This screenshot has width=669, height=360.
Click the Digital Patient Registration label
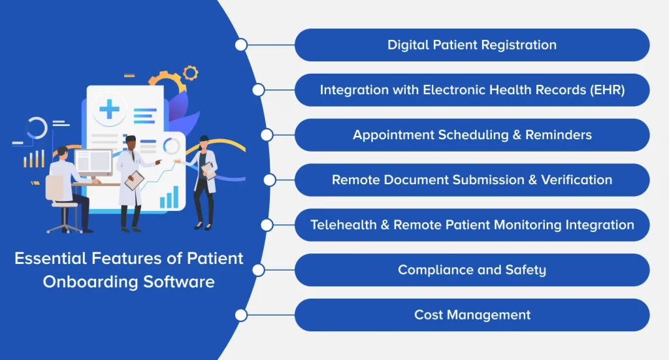[472, 45]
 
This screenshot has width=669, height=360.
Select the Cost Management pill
[472, 315]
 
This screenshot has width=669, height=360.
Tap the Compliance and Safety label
[472, 270]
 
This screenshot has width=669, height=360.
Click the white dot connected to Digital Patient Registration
[241, 45]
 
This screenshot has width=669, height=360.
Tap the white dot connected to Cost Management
[241, 315]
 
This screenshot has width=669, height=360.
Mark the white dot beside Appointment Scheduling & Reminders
[267, 135]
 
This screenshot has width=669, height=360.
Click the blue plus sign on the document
[109, 108]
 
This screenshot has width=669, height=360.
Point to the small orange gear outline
[190, 72]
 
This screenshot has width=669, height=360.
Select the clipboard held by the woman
[208, 171]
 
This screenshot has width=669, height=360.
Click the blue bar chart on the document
[169, 197]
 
